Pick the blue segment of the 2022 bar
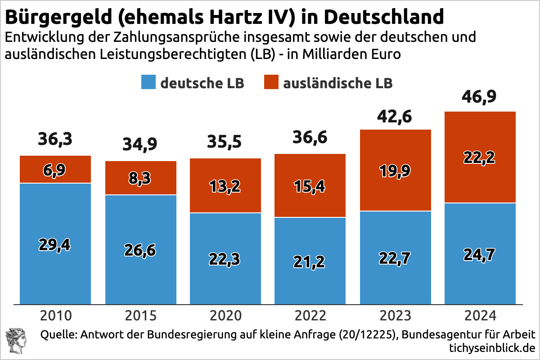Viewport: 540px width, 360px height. [310, 283]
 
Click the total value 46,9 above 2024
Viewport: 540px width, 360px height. [480, 97]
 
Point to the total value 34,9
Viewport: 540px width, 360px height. [140, 145]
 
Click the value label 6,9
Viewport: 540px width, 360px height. [55, 170]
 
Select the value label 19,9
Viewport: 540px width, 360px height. [395, 171]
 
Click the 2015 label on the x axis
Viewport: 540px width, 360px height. [140, 315]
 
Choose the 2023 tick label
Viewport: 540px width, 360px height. [395, 315]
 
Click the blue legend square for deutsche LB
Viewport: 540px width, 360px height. [148, 83]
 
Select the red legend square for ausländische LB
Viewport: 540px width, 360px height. [271, 83]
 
